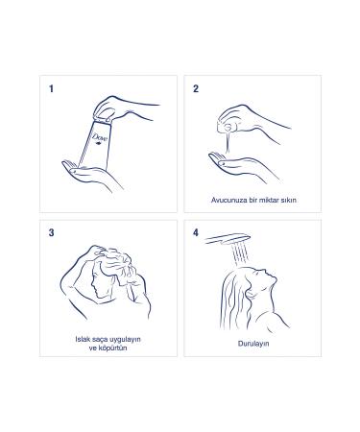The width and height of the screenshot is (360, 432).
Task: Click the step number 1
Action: (50, 89)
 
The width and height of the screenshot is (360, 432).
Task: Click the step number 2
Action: (196, 89)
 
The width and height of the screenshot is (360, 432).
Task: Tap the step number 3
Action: (50, 231)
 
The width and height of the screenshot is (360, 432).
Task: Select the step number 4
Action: (196, 231)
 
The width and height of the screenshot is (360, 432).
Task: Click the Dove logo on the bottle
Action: (98, 140)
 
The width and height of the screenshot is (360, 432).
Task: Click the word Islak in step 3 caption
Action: (83, 340)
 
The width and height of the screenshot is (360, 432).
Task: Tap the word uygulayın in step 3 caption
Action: (132, 340)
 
